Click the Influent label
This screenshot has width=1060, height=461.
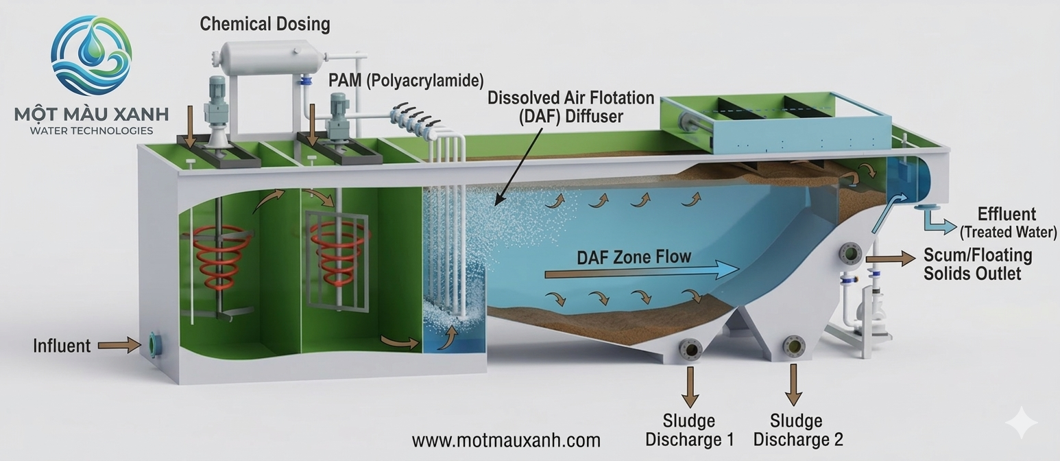[62, 345]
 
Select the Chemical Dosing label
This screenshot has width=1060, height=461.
[265, 24]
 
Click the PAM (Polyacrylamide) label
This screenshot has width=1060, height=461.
[406, 80]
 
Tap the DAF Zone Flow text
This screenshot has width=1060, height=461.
[634, 257]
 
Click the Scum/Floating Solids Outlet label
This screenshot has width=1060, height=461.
[977, 264]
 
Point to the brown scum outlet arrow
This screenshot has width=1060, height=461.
[891, 259]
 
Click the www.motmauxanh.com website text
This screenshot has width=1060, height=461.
[506, 440]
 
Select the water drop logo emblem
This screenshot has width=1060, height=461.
[91, 55]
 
